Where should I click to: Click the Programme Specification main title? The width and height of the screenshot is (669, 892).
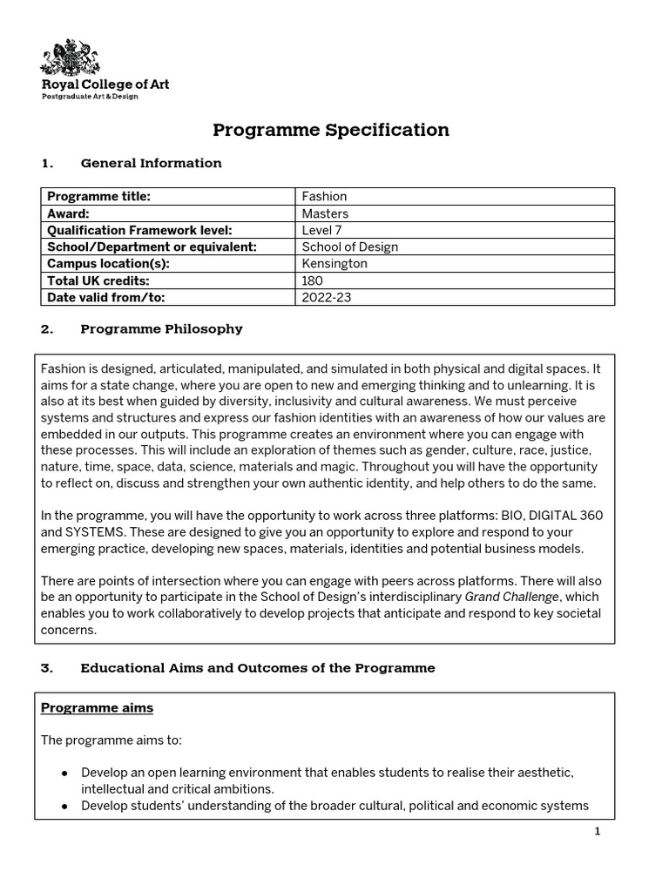point(331,131)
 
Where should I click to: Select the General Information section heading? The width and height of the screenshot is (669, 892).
point(151,163)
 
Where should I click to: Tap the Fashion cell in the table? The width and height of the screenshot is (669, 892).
point(324,197)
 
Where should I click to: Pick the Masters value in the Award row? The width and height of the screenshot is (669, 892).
point(325,213)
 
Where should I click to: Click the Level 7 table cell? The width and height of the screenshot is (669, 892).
point(324,230)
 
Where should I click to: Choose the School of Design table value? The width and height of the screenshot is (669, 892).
point(349,247)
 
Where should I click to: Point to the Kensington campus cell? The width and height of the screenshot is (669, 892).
point(334,263)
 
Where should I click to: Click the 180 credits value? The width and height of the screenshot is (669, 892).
point(312,280)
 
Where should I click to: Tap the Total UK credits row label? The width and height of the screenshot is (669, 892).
point(98,280)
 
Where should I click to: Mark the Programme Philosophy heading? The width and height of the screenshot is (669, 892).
point(161,329)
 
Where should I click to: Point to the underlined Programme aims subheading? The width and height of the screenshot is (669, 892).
point(97,708)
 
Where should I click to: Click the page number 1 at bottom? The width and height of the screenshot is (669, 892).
point(598,832)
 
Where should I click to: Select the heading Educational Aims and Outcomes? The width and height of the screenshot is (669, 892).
point(257,668)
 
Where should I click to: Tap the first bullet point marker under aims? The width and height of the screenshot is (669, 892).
point(64,774)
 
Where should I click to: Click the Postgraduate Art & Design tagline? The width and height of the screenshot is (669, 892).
point(91,97)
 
